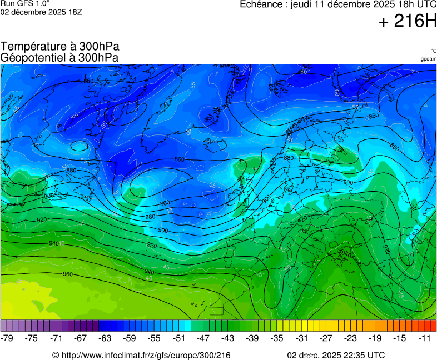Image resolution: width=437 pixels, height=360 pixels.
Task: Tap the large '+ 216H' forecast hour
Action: (408, 21)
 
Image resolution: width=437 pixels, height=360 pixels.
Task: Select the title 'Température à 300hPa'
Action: (60, 47)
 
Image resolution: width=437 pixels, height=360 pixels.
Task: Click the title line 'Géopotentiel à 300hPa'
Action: (59, 57)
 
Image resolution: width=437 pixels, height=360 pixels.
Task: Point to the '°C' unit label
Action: (433, 51)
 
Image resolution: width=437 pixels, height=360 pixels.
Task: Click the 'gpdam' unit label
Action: (428, 59)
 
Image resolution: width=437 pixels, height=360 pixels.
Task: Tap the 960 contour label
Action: (68, 274)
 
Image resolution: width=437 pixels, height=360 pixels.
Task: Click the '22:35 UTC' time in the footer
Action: (361, 356)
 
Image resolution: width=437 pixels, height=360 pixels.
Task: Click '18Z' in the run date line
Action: (75, 12)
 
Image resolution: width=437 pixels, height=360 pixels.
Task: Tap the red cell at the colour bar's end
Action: (433, 326)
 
